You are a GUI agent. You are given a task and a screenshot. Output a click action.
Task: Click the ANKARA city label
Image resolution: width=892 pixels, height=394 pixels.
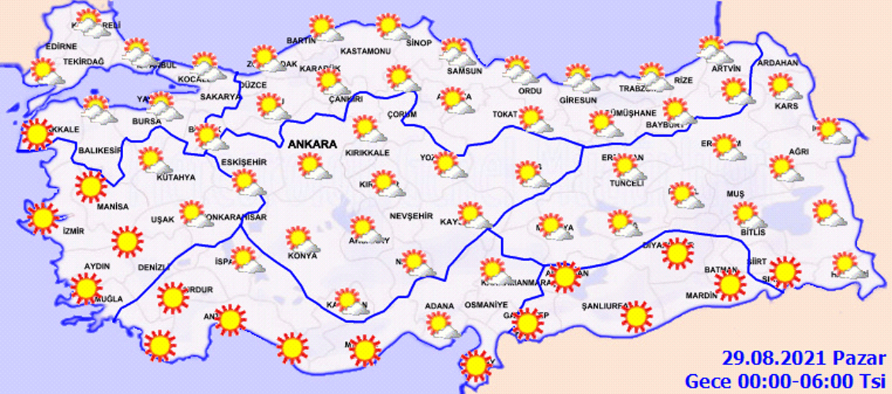pyautogui.click(x=311, y=144)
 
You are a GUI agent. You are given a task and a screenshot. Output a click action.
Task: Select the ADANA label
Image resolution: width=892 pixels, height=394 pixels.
pyautogui.click(x=439, y=306)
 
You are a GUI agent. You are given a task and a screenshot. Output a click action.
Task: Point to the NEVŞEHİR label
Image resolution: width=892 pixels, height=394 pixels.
pyautogui.click(x=411, y=216)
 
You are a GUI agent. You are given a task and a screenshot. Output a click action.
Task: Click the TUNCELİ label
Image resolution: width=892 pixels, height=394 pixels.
pyautogui.click(x=627, y=182)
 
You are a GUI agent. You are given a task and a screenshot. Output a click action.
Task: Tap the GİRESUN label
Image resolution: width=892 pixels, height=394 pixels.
pyautogui.click(x=578, y=100)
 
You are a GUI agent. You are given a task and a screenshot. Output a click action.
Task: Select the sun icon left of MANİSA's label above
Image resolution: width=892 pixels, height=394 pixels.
pyautogui.click(x=91, y=187)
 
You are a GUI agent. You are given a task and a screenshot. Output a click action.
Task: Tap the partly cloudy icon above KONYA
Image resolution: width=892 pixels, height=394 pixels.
pyautogui.click(x=298, y=238)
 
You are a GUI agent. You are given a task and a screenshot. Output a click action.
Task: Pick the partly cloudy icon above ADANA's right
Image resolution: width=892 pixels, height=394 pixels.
pyautogui.click(x=445, y=326)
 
